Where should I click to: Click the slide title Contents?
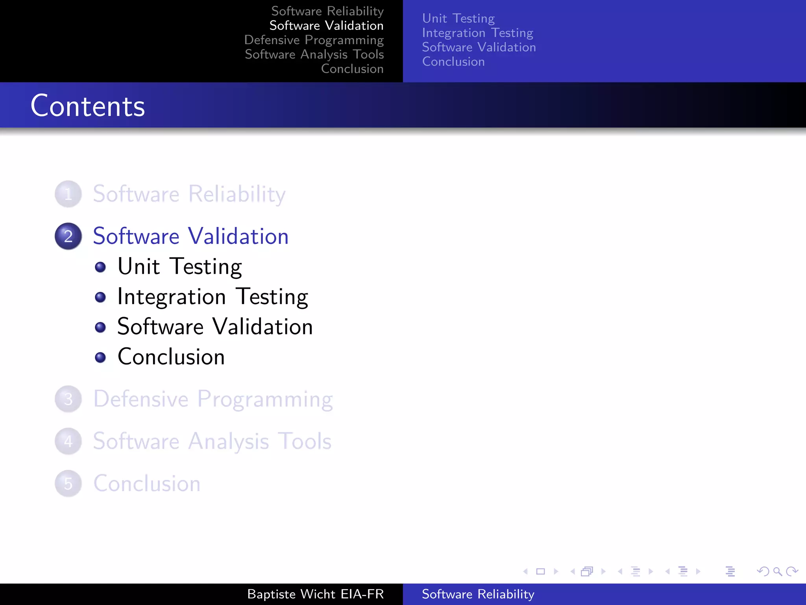[x=88, y=106]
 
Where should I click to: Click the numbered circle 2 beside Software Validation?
[x=68, y=236]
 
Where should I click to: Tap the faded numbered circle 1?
[x=68, y=194]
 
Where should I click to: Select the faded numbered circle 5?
[x=68, y=484]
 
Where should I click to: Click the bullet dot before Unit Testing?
[x=100, y=267]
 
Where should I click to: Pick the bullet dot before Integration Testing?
[x=100, y=297]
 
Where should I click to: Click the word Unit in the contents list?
[x=139, y=267]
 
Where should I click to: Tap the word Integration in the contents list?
[x=172, y=297]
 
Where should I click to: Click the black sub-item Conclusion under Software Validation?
[x=171, y=357]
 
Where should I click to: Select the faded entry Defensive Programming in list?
[x=213, y=399]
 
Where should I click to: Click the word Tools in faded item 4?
[x=305, y=441]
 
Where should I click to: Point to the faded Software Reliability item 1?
[x=189, y=194]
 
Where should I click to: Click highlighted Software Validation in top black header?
[x=326, y=26]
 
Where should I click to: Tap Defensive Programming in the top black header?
[x=314, y=40]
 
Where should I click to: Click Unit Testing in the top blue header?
[x=458, y=19]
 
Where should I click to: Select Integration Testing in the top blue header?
[x=477, y=33]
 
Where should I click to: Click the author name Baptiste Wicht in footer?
[x=292, y=594]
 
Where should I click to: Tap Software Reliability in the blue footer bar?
[x=478, y=594]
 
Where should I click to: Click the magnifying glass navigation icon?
[x=777, y=571]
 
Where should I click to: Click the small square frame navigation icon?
[x=540, y=571]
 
